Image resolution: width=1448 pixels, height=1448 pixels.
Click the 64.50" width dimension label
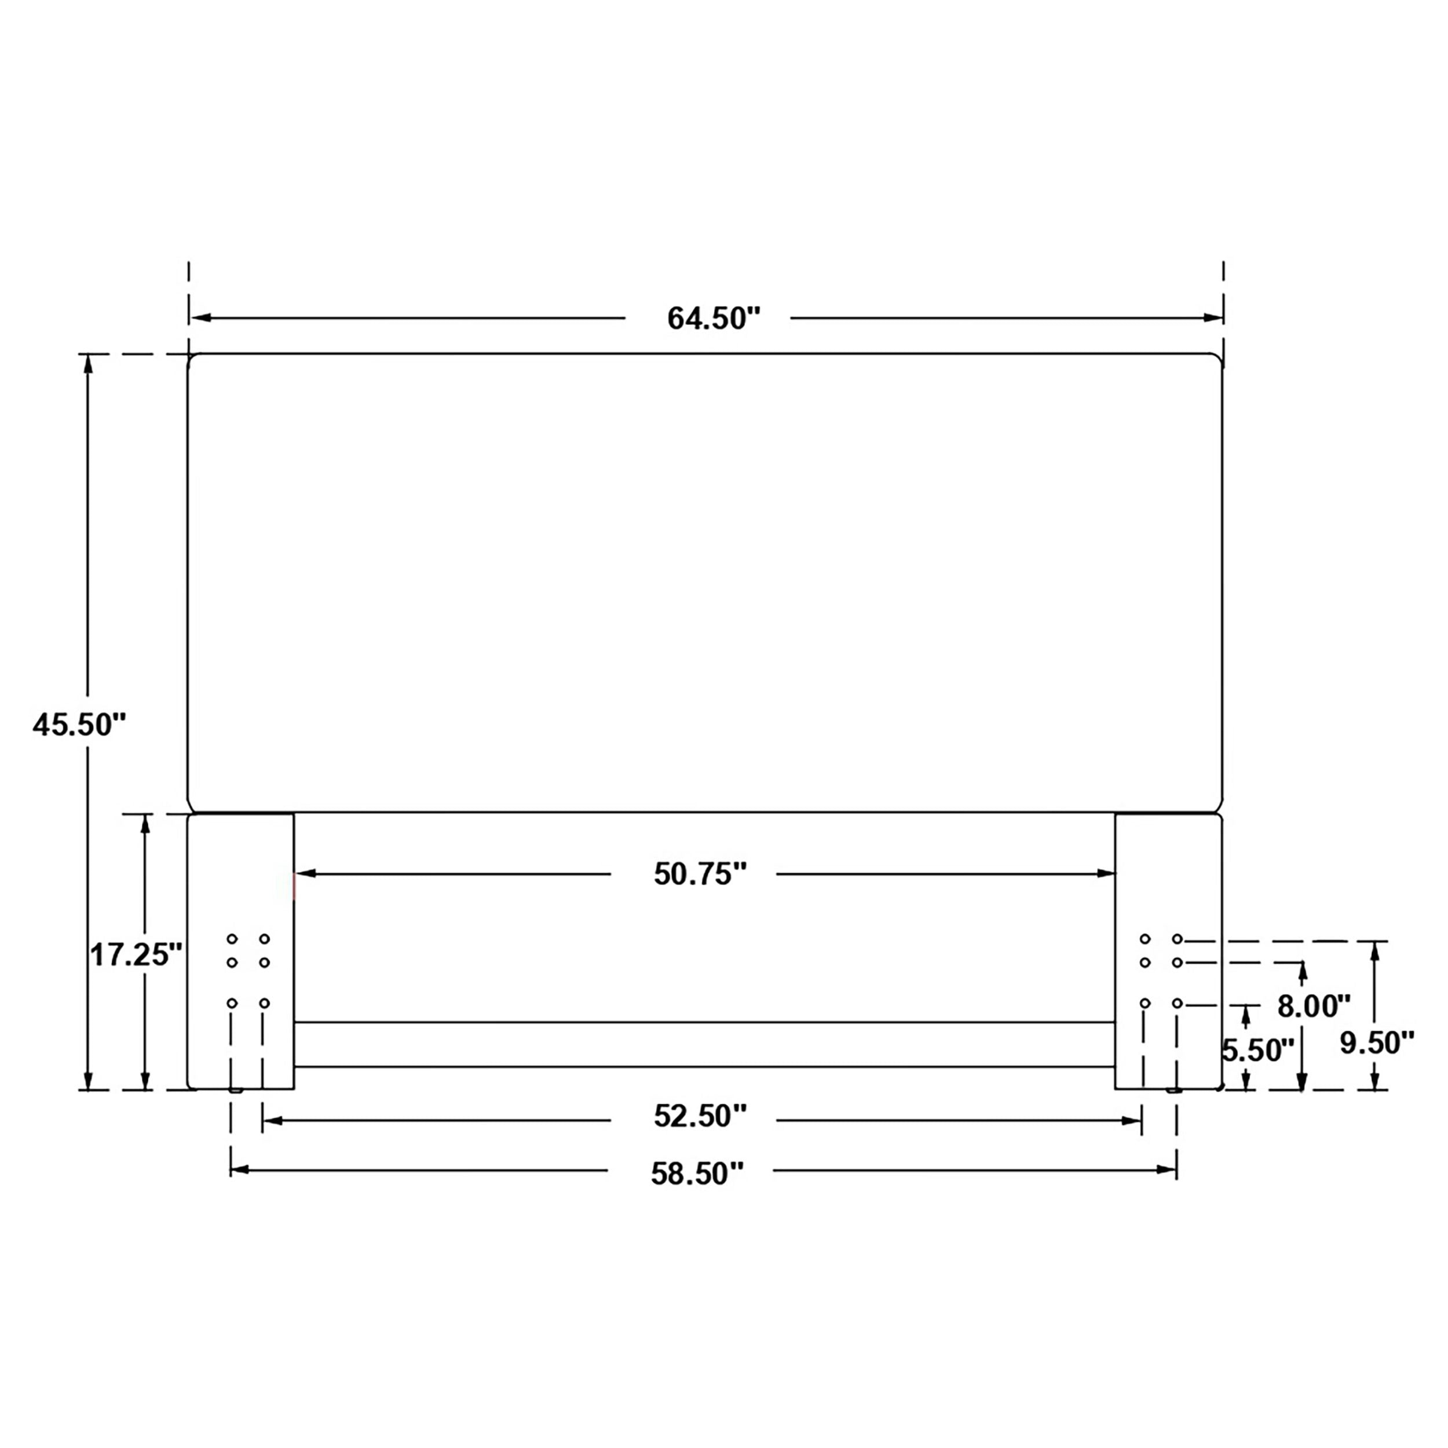coord(713,319)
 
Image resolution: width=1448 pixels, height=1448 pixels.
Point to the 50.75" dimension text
coord(700,874)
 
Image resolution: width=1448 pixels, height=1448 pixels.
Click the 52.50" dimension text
coord(700,1116)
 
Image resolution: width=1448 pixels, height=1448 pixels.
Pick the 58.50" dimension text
coord(697,1173)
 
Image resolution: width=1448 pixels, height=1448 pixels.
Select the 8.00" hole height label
coord(1314,1007)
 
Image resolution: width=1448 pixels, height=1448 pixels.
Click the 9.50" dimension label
coord(1377,1043)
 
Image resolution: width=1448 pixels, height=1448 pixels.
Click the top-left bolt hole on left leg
coord(232,939)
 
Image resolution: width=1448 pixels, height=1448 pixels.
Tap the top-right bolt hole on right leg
coord(1178,939)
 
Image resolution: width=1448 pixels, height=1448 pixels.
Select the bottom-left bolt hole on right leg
coord(1144,1003)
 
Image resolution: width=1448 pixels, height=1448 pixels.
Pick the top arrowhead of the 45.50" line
coord(89,364)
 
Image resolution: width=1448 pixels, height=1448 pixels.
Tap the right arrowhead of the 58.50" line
coord(1167,1169)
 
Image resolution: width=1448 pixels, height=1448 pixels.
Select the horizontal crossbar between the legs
coord(704,1044)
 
